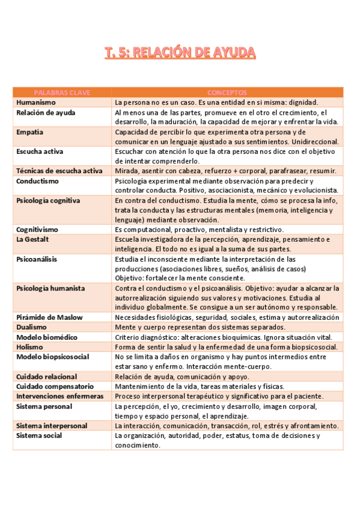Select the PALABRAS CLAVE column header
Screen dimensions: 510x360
point(62,93)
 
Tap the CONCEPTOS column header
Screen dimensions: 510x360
point(227,93)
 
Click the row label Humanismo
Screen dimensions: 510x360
point(36,102)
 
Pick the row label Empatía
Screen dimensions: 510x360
point(30,132)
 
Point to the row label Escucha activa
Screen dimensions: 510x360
point(40,152)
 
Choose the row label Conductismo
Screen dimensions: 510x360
point(37,180)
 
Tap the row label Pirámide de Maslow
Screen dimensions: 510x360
point(49,317)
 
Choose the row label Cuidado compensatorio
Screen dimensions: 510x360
point(55,386)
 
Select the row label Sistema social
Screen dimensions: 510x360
point(39,435)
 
